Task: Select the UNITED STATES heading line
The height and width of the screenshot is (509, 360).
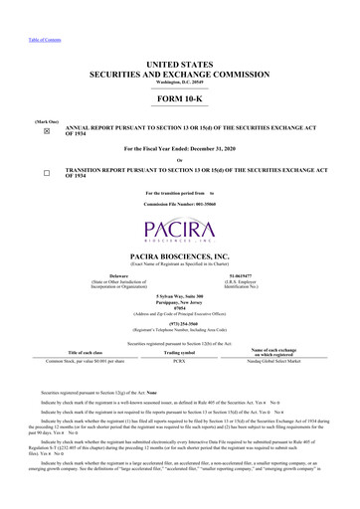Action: (x=180, y=63)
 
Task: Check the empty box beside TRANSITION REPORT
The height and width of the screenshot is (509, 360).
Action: (x=47, y=173)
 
